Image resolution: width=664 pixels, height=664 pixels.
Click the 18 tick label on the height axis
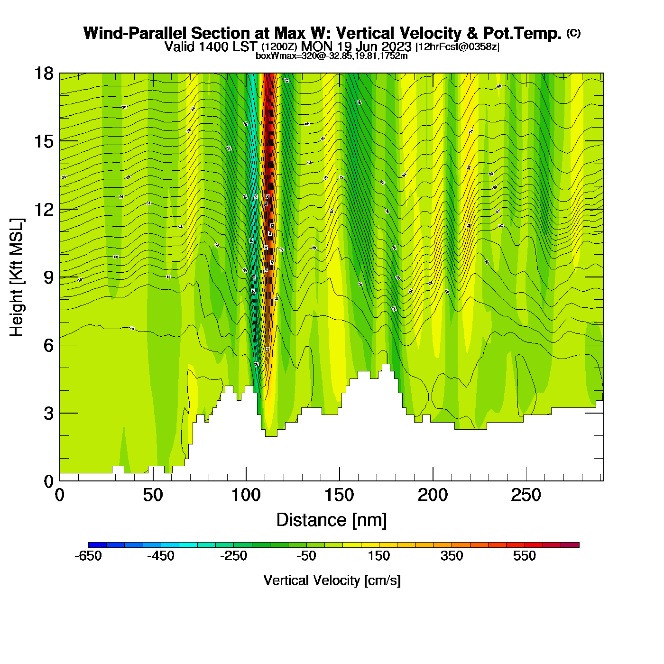pyautogui.click(x=43, y=74)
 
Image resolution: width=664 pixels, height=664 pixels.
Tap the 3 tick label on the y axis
pyautogui.click(x=48, y=413)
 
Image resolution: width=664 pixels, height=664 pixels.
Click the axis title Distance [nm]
pyautogui.click(x=332, y=520)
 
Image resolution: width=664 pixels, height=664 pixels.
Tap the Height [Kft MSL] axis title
pyautogui.click(x=17, y=277)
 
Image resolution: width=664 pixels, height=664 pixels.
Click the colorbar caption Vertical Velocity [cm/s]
pyautogui.click(x=332, y=581)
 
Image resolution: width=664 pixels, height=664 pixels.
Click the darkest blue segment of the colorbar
pyautogui.click(x=97, y=545)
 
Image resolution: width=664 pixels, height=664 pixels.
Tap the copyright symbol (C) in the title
pyautogui.click(x=573, y=33)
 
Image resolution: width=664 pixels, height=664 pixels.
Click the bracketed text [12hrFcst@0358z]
pyautogui.click(x=457, y=47)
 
